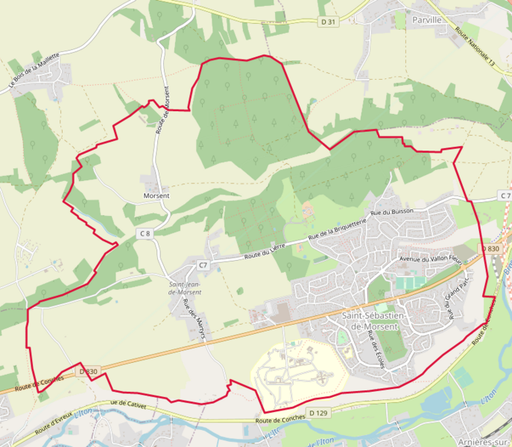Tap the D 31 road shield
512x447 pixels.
point(328,22)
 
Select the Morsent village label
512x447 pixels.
point(157,196)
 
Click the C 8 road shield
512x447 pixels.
point(145,234)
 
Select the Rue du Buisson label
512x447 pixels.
point(397,212)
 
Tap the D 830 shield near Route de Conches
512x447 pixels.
point(88,371)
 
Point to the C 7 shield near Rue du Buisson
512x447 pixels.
point(505,196)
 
